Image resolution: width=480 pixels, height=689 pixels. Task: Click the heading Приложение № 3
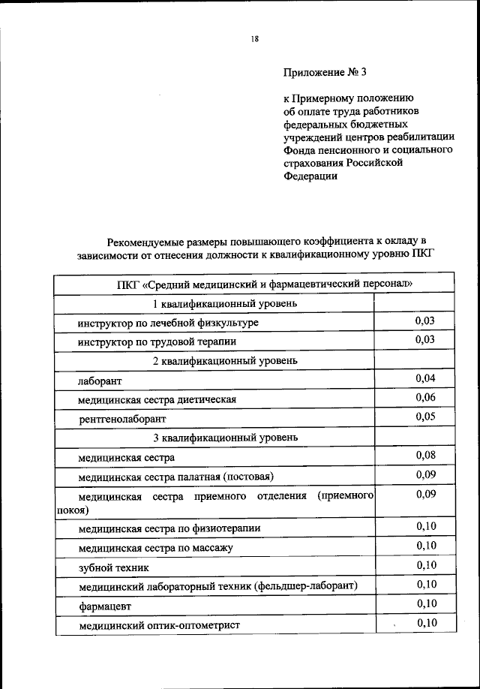point(325,73)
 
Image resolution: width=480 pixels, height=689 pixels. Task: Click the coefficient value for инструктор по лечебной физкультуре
point(425,321)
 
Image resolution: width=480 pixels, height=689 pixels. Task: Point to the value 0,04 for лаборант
point(425,378)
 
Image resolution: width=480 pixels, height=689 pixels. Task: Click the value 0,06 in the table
point(425,398)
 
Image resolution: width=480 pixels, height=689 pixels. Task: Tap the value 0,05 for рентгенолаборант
point(425,417)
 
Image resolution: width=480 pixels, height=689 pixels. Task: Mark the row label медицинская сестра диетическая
point(157,399)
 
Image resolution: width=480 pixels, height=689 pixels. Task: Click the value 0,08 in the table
point(425,455)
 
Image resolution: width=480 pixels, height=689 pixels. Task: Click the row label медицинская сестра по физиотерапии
point(169,528)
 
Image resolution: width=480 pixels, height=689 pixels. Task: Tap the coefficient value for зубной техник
point(425,564)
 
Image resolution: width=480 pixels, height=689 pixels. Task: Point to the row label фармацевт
point(103,605)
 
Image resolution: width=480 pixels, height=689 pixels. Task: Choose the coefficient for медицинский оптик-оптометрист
point(425,622)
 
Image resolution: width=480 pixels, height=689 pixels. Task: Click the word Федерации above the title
point(310,176)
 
